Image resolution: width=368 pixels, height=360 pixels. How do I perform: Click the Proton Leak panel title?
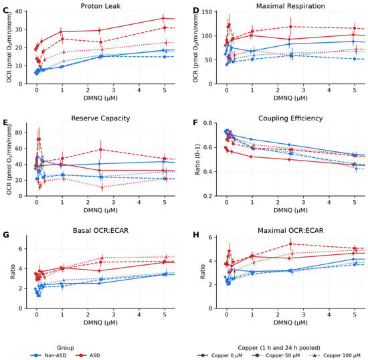100,6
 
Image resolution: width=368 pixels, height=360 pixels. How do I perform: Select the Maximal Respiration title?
290,6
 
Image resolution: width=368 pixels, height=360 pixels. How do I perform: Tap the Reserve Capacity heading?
100,118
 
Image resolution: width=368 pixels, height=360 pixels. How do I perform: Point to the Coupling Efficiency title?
290,118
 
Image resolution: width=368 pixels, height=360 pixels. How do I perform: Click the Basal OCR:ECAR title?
100,230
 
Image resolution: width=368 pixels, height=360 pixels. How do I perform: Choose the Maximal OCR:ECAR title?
290,230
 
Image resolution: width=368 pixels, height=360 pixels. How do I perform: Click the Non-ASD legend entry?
48,355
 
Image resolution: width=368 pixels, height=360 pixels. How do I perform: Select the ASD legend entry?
88,355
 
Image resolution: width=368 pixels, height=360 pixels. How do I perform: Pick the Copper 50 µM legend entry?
276,355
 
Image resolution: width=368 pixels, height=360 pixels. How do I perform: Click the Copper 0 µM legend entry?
220,355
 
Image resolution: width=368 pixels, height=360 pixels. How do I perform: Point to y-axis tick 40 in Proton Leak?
19,11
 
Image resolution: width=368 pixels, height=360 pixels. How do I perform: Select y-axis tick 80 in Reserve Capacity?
19,132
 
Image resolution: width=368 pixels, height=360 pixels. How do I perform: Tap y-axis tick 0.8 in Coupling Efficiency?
207,123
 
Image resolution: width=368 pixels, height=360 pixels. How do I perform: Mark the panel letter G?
6,235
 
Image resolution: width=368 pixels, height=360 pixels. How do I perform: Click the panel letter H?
196,235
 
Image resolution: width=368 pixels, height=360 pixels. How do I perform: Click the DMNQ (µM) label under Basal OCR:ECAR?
100,323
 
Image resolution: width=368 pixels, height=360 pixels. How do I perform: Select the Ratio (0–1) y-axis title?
197,159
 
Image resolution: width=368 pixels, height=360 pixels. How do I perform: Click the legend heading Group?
66,347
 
